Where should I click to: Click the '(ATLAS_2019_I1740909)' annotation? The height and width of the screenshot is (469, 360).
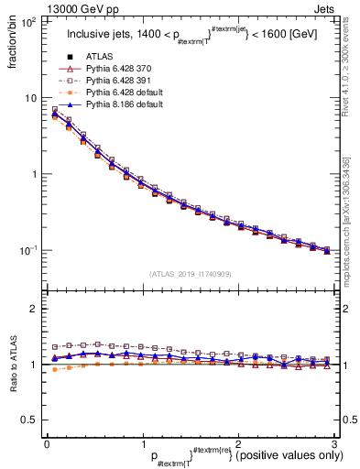[x=190, y=274]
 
